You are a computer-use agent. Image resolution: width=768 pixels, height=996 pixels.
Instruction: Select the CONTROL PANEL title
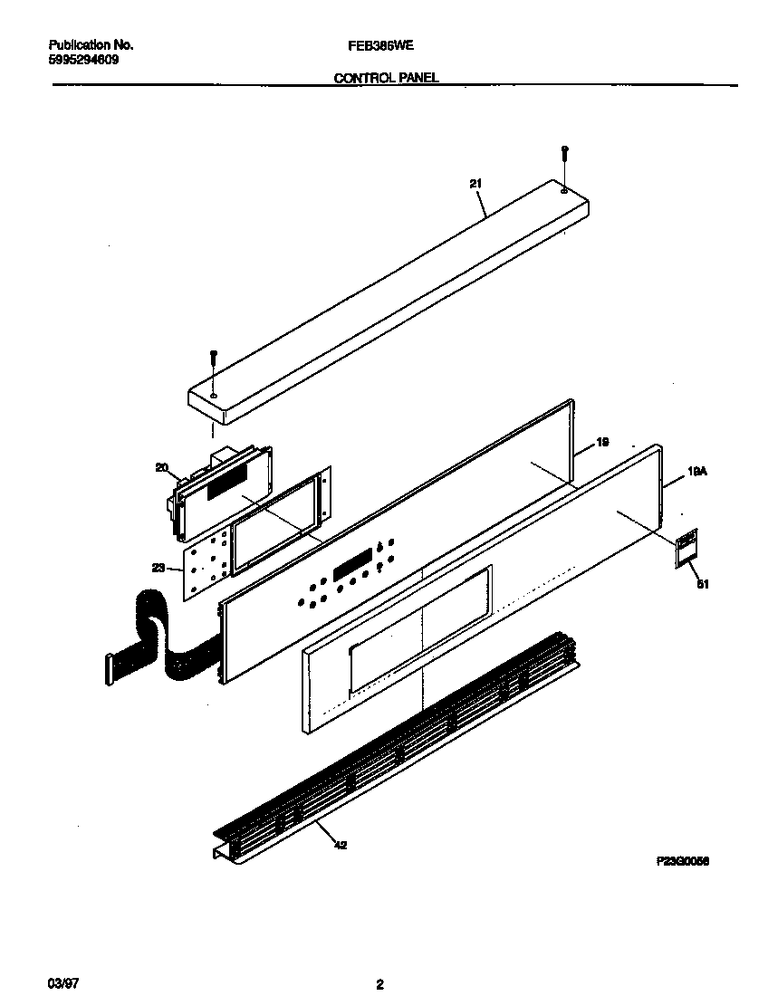coord(387,78)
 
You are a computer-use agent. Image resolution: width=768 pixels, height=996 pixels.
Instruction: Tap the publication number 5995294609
coord(82,60)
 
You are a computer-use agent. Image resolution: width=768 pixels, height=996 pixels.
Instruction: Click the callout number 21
coord(475,184)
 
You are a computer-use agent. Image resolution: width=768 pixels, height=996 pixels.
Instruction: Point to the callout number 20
coord(162,468)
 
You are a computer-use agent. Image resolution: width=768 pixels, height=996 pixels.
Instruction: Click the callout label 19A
coord(696,472)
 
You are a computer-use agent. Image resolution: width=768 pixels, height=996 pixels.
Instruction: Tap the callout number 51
coord(700,584)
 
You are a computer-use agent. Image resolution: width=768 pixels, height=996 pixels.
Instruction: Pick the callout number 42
coord(339,846)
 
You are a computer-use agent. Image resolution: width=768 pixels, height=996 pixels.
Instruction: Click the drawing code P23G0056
coord(682,863)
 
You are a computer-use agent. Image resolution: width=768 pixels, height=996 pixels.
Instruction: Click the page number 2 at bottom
coord(380,985)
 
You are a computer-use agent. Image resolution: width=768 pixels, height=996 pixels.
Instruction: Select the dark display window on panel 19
coord(353,567)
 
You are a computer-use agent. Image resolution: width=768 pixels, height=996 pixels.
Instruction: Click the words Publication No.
coord(90,44)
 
